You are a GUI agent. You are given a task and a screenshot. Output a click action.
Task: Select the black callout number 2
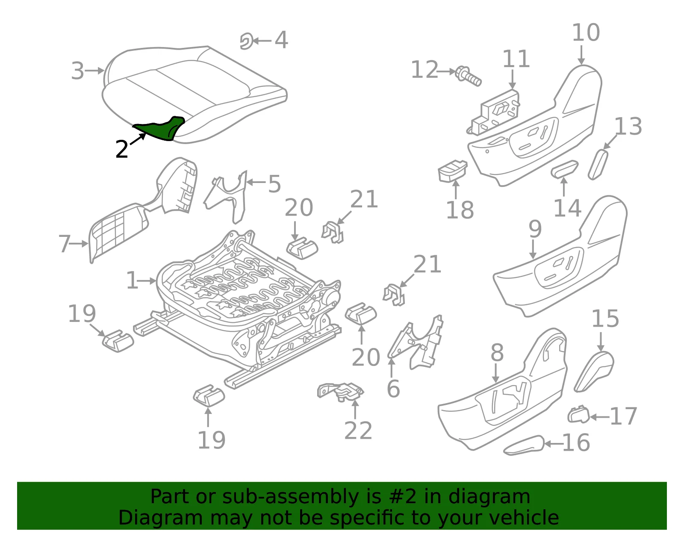tap(122, 149)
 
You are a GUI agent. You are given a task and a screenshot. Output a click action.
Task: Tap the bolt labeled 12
tap(469, 76)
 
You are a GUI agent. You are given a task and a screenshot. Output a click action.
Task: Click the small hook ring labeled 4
tap(247, 41)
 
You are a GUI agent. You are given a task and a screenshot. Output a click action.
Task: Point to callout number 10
tap(586, 33)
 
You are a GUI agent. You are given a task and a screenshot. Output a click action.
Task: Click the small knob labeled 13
tap(598, 165)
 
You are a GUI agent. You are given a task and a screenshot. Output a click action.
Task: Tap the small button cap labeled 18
tap(452, 171)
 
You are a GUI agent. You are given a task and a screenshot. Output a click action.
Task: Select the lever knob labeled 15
tap(594, 371)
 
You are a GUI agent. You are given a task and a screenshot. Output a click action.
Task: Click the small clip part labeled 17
tap(578, 414)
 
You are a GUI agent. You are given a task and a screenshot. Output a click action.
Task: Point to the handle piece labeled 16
tap(524, 445)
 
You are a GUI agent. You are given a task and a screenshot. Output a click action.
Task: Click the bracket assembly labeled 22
tap(341, 391)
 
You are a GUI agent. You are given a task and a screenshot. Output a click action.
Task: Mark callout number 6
tap(393, 389)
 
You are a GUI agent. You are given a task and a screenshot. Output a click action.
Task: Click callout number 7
tap(65, 244)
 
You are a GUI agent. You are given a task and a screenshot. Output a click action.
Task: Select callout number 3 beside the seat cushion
tap(78, 71)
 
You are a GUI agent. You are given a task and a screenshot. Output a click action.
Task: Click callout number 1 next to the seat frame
tap(132, 280)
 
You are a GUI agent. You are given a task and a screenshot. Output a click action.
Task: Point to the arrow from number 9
tap(533, 249)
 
